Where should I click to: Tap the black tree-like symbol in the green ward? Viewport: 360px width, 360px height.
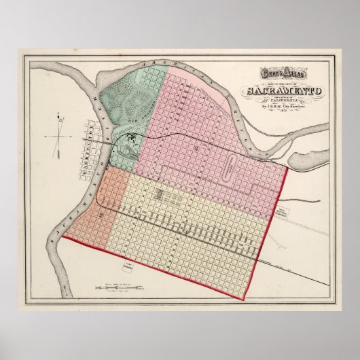pyautogui.click(x=131, y=140)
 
